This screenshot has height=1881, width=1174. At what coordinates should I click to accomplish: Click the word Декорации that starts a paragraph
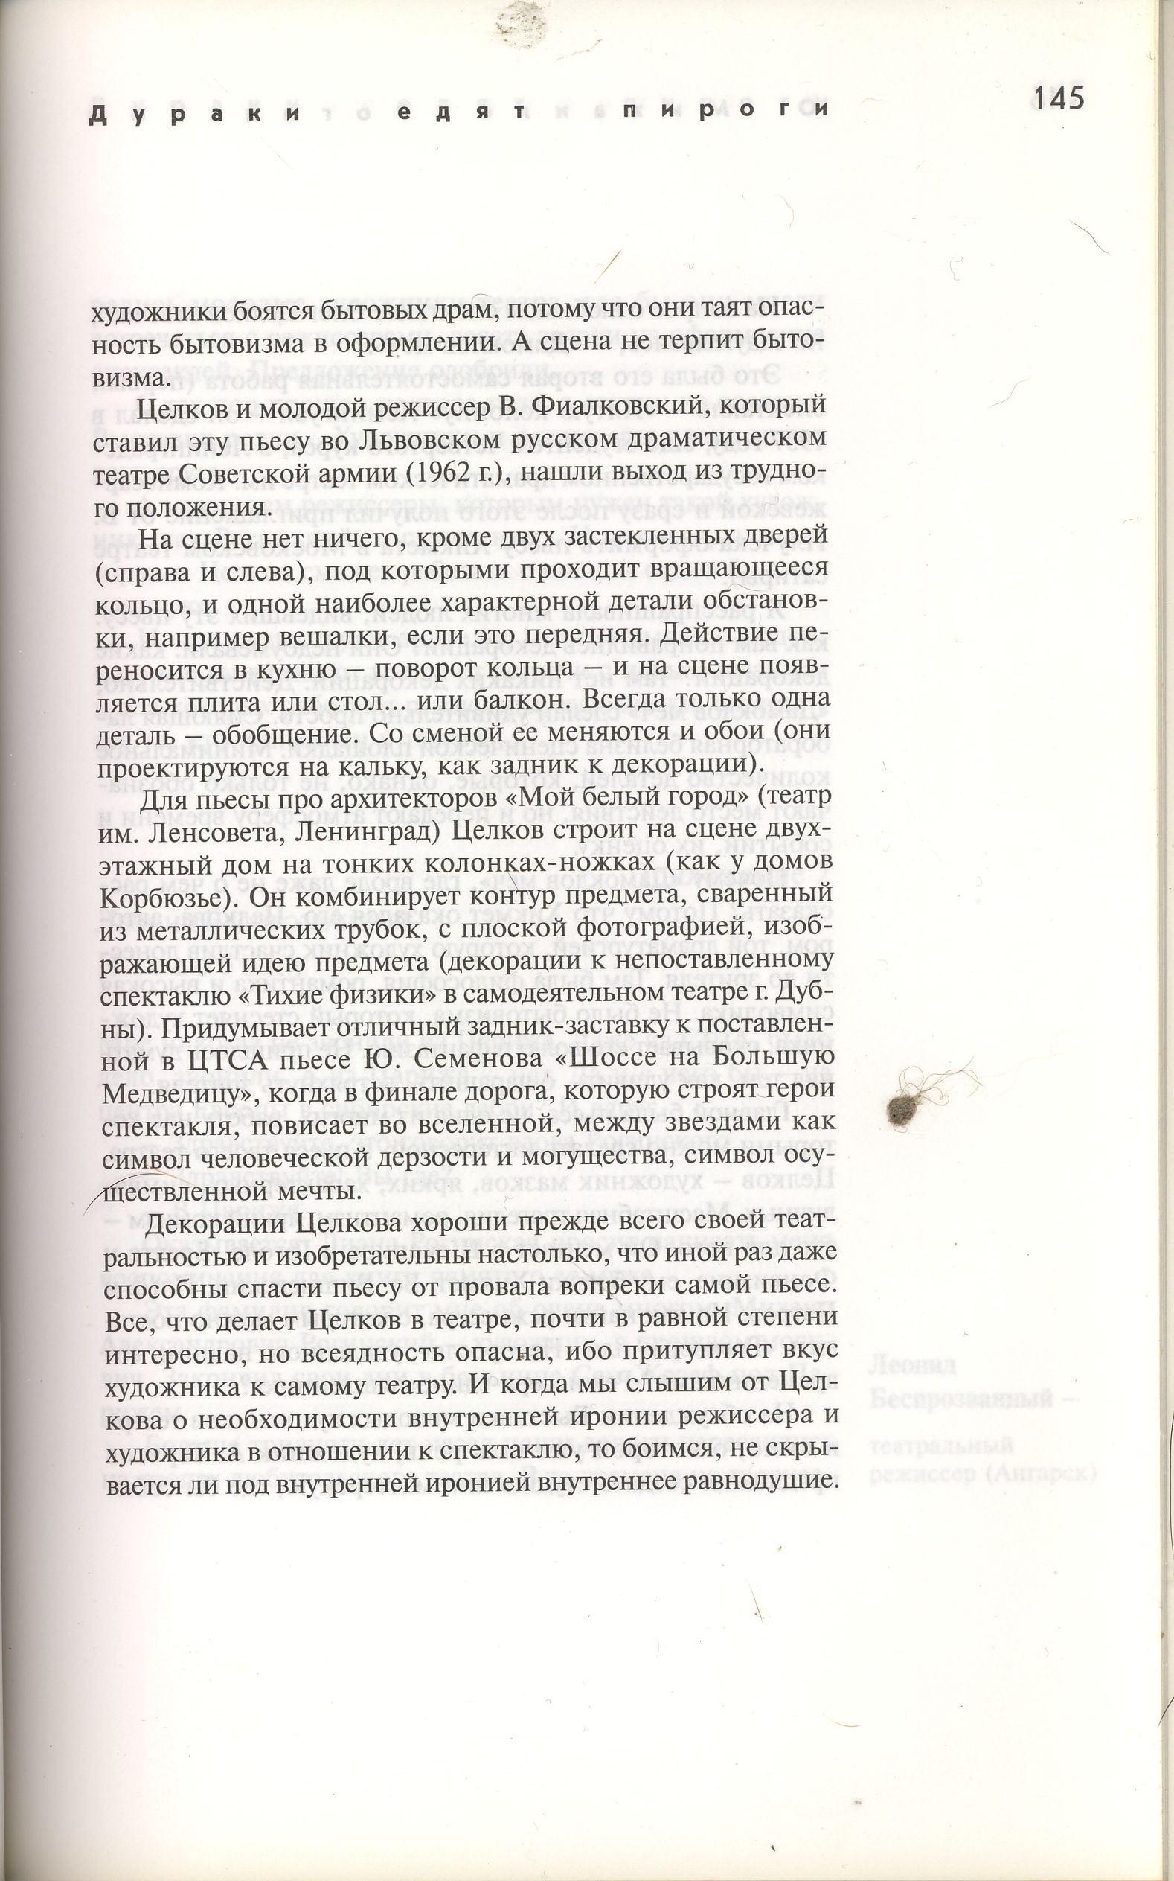point(218,1224)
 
